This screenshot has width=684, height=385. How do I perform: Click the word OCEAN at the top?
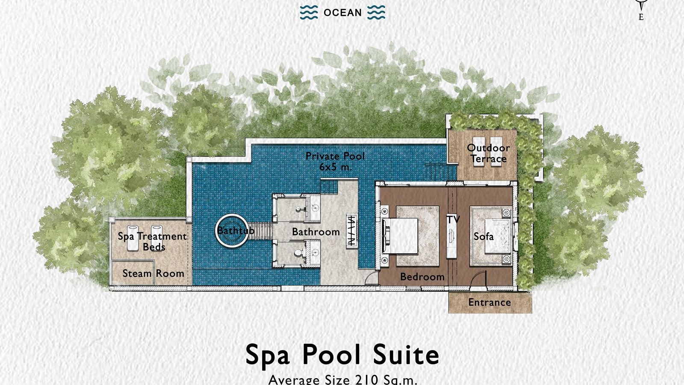[342, 13]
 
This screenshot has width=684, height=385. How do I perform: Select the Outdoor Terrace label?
[488, 154]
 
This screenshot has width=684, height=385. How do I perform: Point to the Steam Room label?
[153, 273]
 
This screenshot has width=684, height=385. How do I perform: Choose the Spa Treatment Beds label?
[153, 242]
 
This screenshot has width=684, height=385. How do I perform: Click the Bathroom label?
[316, 232]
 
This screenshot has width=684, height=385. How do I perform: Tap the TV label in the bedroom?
[453, 219]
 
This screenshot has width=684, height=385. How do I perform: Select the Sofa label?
[484, 236]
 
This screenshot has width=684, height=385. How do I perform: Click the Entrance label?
[489, 302]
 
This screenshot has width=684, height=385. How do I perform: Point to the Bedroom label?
[422, 277]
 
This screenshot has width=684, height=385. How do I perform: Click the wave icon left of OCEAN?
[309, 13]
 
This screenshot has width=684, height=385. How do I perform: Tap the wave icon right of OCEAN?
[376, 13]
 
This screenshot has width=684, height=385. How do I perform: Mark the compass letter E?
[641, 18]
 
